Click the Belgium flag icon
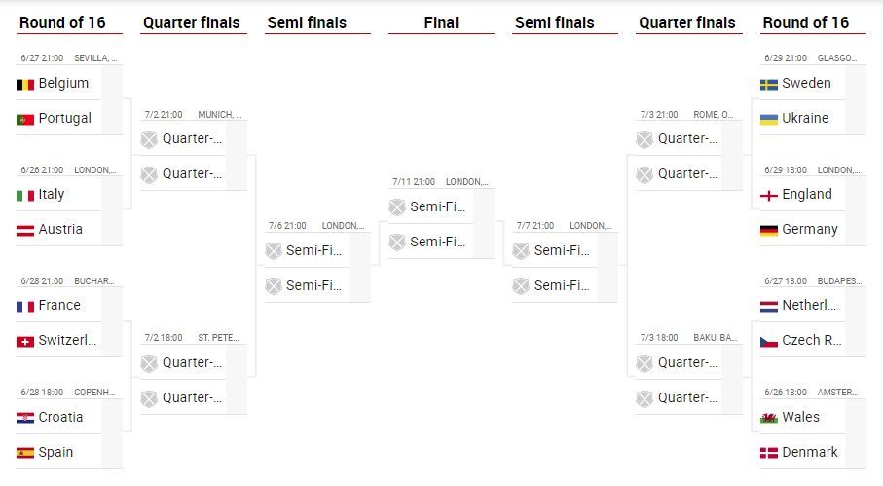tap(25, 84)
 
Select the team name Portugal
tap(64, 118)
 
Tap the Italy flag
tap(25, 195)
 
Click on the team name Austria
tap(60, 229)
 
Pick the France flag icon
tap(25, 306)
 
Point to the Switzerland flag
tap(25, 341)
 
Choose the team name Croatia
tap(60, 417)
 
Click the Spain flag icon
tap(25, 452)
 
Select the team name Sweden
tap(806, 83)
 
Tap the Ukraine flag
tap(769, 119)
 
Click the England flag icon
tap(769, 195)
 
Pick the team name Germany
tap(809, 229)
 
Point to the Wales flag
tap(769, 417)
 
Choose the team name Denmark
tap(809, 452)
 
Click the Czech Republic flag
tap(769, 341)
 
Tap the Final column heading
tap(441, 22)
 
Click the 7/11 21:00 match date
tap(414, 181)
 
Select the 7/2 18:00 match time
tap(164, 338)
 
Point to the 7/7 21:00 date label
tap(534, 226)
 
